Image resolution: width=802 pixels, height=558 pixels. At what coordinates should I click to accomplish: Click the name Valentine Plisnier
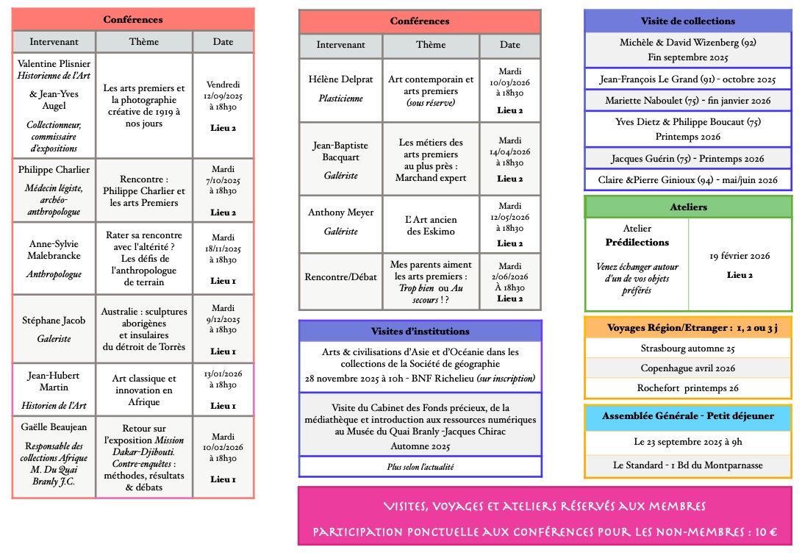pyautogui.click(x=54, y=64)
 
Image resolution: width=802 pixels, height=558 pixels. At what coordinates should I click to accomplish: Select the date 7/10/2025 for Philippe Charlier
pyautogui.click(x=223, y=180)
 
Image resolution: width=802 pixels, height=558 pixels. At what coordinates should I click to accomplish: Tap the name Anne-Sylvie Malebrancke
pyautogui.click(x=54, y=250)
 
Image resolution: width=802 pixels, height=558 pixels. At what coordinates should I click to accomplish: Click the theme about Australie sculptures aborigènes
pyautogui.click(x=144, y=329)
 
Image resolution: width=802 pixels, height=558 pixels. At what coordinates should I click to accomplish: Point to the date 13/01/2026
pyautogui.click(x=223, y=374)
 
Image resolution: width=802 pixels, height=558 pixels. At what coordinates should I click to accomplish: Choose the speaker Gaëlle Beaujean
pyautogui.click(x=54, y=428)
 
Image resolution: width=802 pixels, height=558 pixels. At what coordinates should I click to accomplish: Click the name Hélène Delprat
pyautogui.click(x=340, y=79)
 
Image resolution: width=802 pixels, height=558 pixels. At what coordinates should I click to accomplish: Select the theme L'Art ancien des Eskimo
pyautogui.click(x=431, y=225)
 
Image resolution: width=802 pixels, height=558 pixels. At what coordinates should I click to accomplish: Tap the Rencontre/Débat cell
pyautogui.click(x=340, y=276)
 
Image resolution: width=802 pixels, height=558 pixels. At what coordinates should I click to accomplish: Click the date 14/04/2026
pyautogui.click(x=509, y=152)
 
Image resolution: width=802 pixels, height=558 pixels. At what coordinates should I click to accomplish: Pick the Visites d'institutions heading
pyautogui.click(x=420, y=332)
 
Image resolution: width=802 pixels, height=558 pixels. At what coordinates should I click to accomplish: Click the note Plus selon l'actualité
pyautogui.click(x=420, y=467)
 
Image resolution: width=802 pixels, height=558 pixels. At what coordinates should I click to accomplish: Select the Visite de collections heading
pyautogui.click(x=687, y=21)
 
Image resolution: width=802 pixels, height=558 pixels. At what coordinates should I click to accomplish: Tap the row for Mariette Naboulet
pyautogui.click(x=687, y=101)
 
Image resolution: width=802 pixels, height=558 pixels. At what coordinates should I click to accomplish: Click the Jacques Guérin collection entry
pyautogui.click(x=687, y=159)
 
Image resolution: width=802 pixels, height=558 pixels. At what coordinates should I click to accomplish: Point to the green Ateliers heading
pyautogui.click(x=688, y=207)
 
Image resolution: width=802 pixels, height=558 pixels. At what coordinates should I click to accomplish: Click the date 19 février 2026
pyautogui.click(x=740, y=256)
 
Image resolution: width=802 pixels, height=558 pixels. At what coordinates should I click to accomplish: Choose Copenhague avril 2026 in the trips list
pyautogui.click(x=687, y=368)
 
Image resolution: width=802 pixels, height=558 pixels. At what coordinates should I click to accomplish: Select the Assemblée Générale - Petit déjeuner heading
pyautogui.click(x=687, y=416)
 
